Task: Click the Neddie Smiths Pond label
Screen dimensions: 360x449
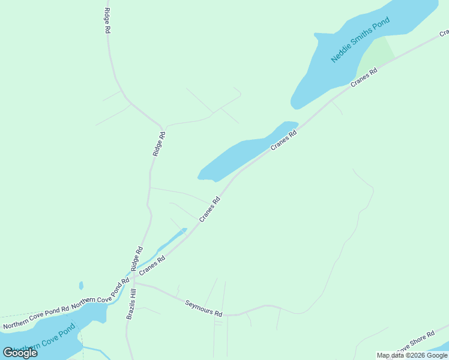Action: point(360,40)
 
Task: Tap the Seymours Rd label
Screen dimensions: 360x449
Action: point(203,309)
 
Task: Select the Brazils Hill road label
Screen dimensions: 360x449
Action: point(131,304)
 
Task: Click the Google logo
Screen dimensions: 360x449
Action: point(20,353)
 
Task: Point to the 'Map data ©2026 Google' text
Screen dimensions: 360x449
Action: point(412,355)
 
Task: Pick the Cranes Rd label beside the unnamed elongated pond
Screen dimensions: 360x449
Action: point(284,140)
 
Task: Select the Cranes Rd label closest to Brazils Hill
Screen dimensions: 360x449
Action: point(152,265)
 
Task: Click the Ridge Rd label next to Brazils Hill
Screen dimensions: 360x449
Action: point(136,258)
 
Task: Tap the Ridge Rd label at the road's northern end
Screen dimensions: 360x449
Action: point(107,20)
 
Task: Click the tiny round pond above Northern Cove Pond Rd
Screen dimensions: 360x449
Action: point(81,286)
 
